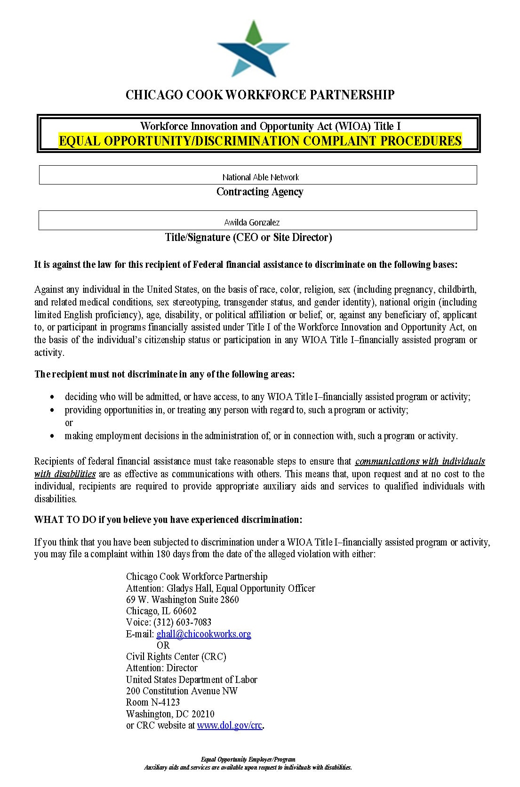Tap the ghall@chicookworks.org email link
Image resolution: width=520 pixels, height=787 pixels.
click(203, 634)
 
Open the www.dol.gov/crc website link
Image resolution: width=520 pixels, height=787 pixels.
click(230, 725)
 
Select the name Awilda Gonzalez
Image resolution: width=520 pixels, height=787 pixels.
click(252, 222)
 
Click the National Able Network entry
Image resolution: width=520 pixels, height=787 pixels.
click(260, 177)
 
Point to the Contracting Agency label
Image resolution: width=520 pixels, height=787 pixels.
click(260, 192)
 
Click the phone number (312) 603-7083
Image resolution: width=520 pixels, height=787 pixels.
click(182, 622)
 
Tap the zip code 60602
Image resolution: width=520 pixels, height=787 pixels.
click(185, 611)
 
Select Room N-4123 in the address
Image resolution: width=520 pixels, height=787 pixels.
click(153, 702)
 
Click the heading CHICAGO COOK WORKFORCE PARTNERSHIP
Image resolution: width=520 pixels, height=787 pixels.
click(260, 95)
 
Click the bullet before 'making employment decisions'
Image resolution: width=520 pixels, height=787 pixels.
click(52, 437)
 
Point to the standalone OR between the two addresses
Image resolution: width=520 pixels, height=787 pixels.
click(163, 645)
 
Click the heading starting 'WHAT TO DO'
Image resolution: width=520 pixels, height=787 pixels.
click(168, 520)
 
